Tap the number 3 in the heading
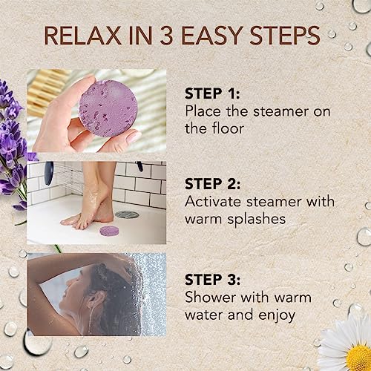[x=176, y=38]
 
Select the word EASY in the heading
[x=220, y=38]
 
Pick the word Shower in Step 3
[x=210, y=300]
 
